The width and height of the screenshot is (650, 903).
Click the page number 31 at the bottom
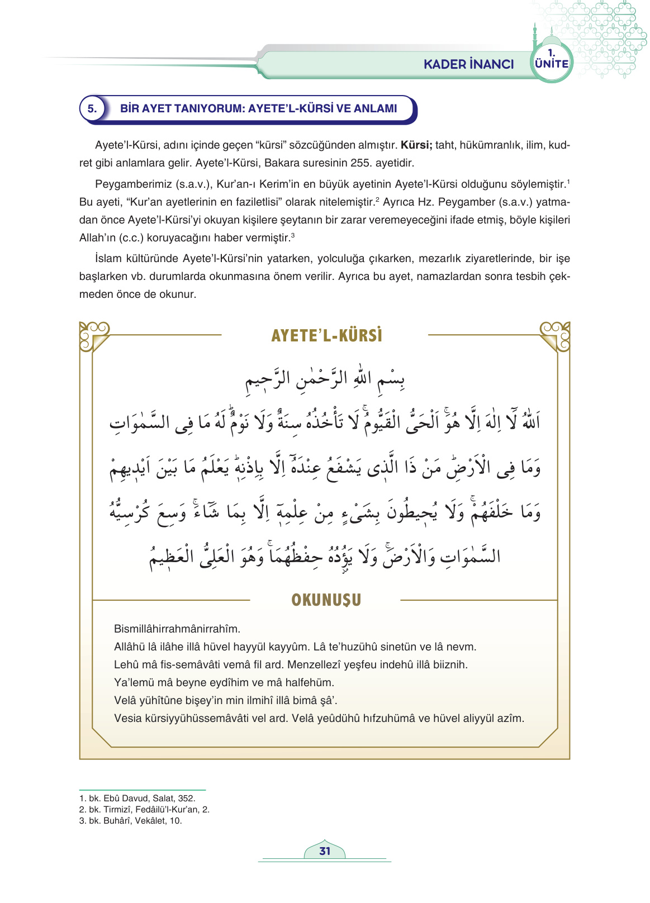point(325,851)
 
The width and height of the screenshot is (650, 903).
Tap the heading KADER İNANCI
point(468,64)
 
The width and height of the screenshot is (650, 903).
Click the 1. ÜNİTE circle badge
point(551,61)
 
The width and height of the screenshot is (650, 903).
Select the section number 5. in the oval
point(92,108)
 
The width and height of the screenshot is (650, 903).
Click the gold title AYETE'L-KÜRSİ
point(326,335)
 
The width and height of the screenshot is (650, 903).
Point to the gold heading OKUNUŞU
point(326,600)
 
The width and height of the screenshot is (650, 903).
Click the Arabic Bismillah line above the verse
point(325,379)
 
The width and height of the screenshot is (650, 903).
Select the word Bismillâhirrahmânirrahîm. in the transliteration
point(177,629)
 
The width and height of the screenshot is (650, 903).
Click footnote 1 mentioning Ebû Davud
point(137,799)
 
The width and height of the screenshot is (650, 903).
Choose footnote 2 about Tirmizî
point(144,810)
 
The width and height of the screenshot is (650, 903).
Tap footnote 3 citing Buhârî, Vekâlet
point(130,821)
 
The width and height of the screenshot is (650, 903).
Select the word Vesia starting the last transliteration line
point(127,718)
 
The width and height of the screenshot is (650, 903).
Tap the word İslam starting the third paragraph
point(110,259)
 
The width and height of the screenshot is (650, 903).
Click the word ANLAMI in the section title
point(374,108)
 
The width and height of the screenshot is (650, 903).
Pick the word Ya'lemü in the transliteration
point(133,682)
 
